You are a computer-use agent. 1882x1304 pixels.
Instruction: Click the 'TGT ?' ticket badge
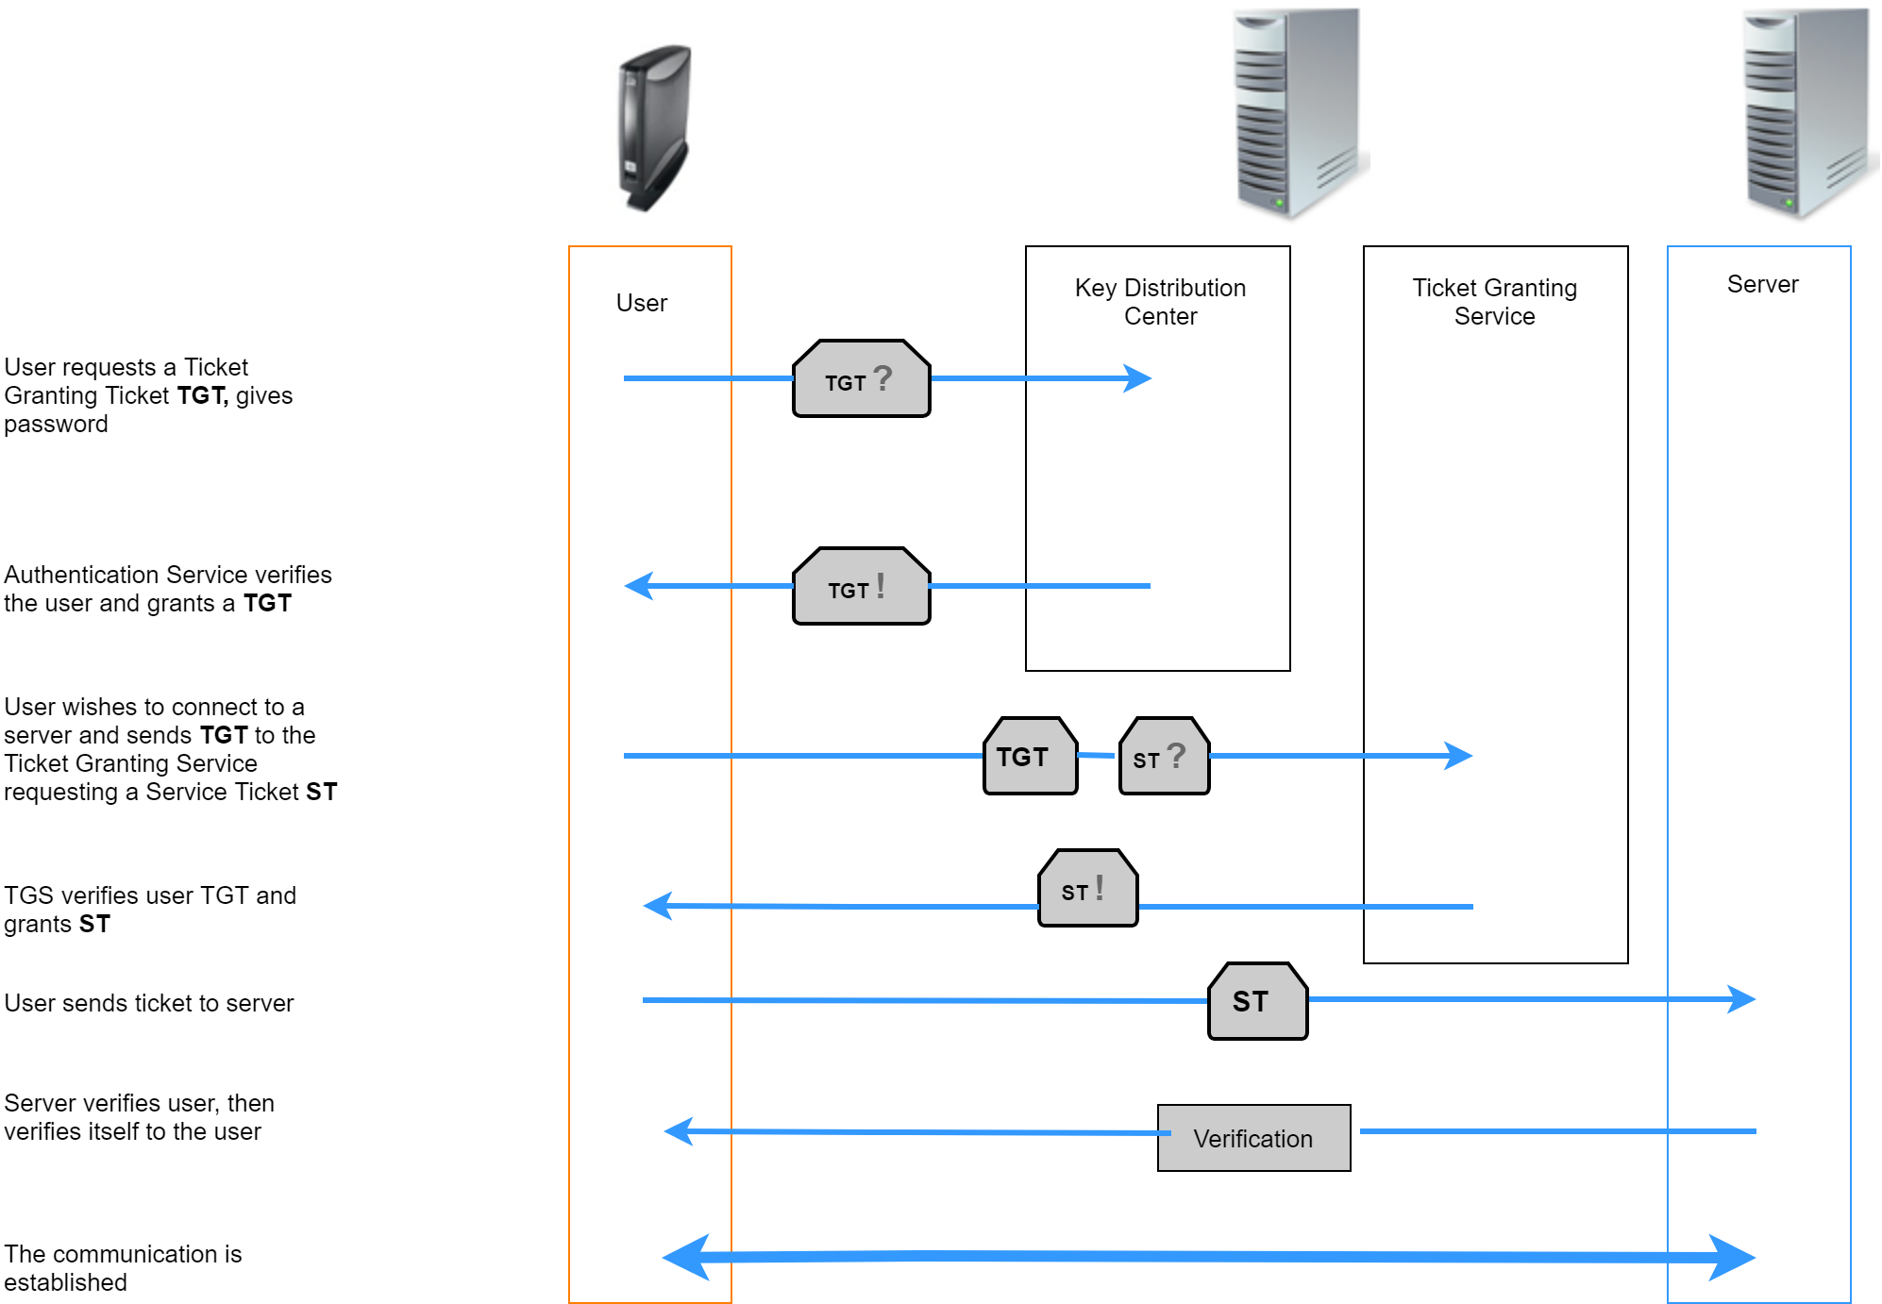coord(861,379)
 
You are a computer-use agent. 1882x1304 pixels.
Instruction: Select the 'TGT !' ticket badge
coord(861,587)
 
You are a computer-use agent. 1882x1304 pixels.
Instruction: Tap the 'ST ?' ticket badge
coord(1164,757)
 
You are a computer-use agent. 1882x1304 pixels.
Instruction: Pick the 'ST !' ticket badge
coord(1087,889)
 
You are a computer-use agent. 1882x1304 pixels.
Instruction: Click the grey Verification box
coord(1253,1138)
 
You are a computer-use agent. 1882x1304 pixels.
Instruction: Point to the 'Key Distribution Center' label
coord(1160,302)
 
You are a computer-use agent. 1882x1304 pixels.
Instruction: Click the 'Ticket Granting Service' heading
coord(1494,302)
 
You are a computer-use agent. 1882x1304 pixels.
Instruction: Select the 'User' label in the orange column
coord(642,303)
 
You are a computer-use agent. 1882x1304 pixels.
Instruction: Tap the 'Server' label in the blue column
coord(1762,284)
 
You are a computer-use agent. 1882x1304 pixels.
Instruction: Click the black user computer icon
coord(655,127)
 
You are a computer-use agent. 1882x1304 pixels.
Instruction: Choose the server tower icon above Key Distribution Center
coord(1298,113)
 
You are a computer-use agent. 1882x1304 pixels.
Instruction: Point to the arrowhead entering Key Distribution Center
coord(1139,378)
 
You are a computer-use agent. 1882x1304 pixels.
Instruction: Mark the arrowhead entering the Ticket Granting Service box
coord(1460,756)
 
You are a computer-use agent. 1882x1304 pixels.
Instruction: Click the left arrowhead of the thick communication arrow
coord(687,1257)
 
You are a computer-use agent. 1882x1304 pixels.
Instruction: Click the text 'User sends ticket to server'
coord(149,1003)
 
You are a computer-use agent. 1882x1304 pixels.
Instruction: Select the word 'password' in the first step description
coord(57,424)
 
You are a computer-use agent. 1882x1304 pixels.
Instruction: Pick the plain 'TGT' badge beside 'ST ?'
coord(1030,757)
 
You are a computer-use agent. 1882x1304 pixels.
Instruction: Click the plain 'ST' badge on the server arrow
coord(1257,1001)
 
